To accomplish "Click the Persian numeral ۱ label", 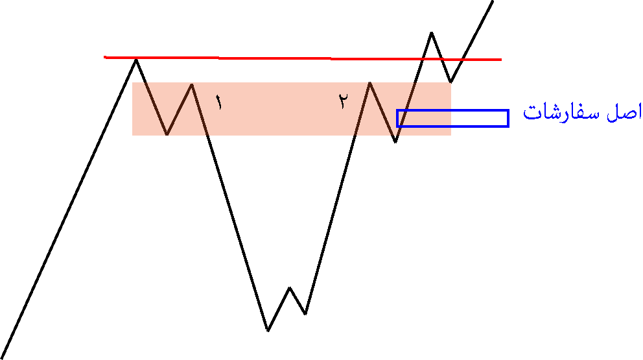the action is (219, 102).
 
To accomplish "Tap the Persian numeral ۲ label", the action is (344, 101).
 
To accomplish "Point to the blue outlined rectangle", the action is (452, 110).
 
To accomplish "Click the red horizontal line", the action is (303, 58).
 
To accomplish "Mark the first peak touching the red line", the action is (136, 60).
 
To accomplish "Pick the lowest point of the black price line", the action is (268, 330).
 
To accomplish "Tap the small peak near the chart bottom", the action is (290, 288).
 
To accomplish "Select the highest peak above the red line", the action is (432, 32).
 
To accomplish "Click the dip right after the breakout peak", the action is (450, 82).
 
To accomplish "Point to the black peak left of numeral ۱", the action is (192, 84).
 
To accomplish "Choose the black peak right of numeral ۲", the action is (370, 82).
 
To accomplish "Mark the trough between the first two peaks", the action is (167, 134).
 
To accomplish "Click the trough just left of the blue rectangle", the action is (395, 142).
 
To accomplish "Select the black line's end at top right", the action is (492, 1).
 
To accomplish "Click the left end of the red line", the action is (104, 57).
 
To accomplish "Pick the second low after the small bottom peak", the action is (305, 314).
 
